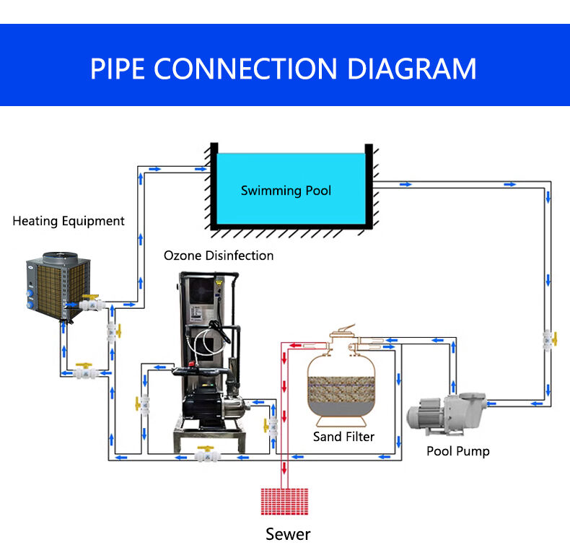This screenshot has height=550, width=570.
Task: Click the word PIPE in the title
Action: (118, 68)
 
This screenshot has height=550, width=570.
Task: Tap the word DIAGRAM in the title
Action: (412, 68)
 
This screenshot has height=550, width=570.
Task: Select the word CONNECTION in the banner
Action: (246, 68)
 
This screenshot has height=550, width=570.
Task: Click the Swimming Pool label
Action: (286, 191)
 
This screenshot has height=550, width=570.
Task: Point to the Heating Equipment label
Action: (69, 221)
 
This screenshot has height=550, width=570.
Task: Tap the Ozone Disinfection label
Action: (219, 256)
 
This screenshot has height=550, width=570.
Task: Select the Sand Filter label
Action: (343, 437)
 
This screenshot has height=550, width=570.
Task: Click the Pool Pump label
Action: (457, 451)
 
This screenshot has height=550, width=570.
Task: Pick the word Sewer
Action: (288, 534)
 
